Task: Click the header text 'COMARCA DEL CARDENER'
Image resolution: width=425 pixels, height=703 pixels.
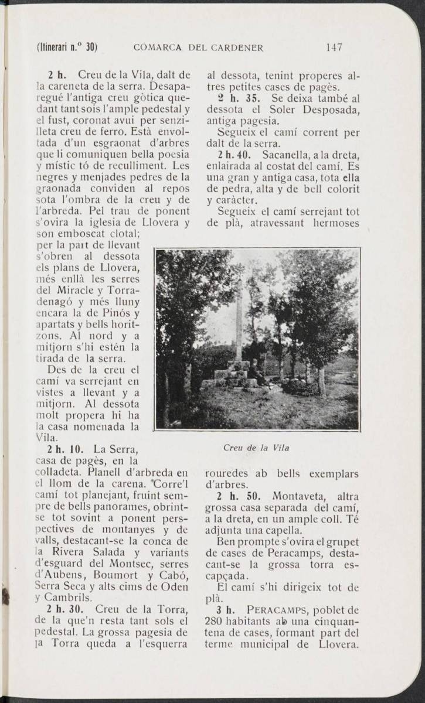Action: coord(198,47)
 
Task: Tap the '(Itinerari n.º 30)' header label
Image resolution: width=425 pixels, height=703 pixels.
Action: coord(66,47)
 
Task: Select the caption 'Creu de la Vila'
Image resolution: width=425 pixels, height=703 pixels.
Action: coord(257,448)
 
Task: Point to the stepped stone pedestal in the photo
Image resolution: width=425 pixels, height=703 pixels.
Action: coord(233,375)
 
